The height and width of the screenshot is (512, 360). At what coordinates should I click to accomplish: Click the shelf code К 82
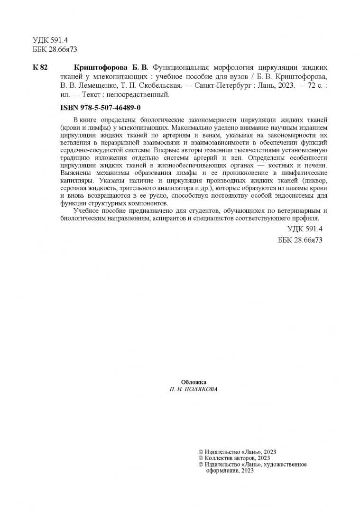[40, 67]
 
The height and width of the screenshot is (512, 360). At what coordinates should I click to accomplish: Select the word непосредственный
[144, 95]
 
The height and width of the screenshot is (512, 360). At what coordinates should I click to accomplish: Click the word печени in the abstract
[317, 165]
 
